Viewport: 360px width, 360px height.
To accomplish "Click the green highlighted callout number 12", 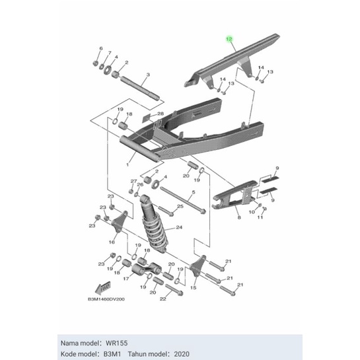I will pyautogui.click(x=229, y=40).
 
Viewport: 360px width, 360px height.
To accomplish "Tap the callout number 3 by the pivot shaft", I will pyautogui.click(x=148, y=75).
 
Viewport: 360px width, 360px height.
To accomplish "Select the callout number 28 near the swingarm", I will pyautogui.click(x=161, y=114).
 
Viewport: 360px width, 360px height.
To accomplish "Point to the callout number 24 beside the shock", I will pyautogui.click(x=177, y=229).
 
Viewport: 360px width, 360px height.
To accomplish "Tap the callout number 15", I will pyautogui.click(x=194, y=288).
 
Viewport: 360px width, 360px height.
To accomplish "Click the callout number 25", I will pyautogui.click(x=180, y=207).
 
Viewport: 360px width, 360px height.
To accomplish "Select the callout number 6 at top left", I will pyautogui.click(x=100, y=50).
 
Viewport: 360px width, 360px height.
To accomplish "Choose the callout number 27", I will pyautogui.click(x=133, y=181).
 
